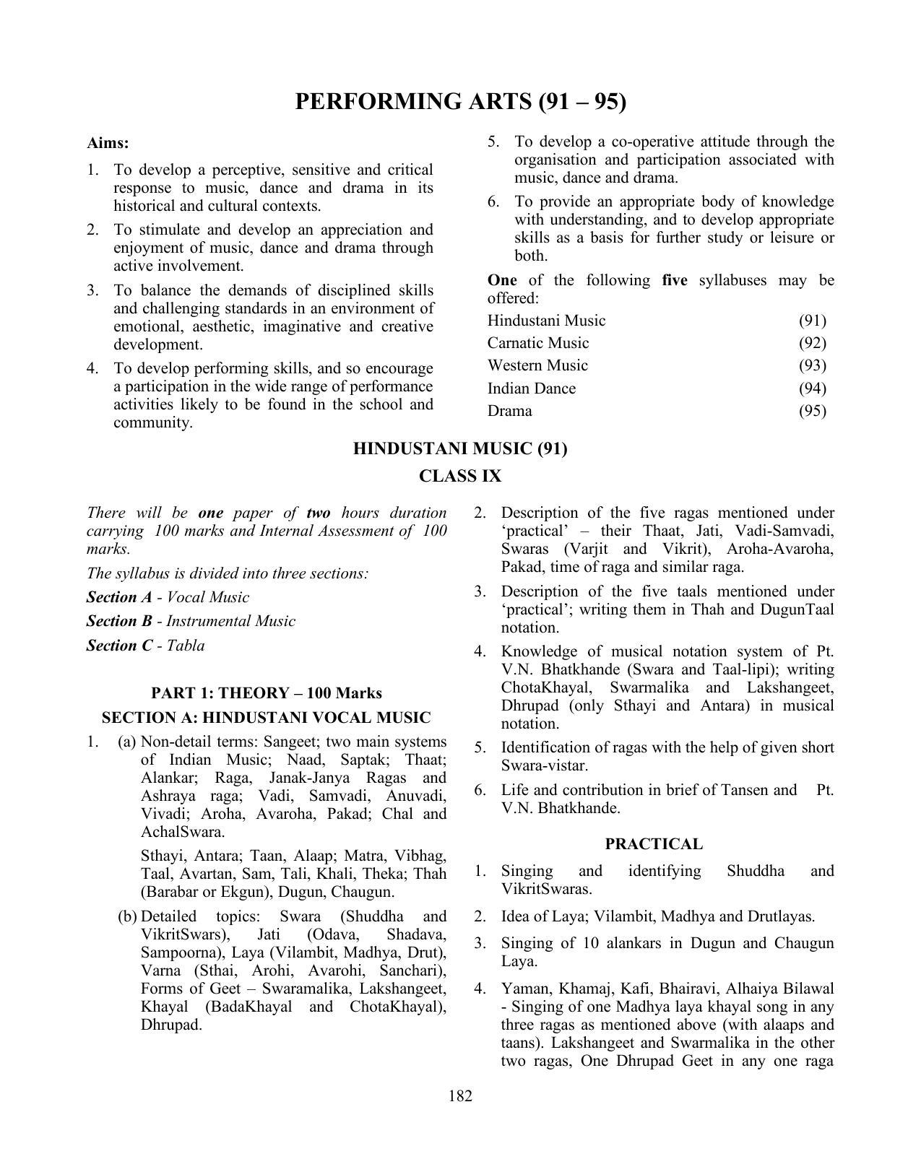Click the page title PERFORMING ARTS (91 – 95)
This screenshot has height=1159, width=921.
(460, 101)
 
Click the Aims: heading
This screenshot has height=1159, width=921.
(108, 143)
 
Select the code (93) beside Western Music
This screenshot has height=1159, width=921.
(812, 365)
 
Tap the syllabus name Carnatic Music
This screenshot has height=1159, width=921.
(537, 343)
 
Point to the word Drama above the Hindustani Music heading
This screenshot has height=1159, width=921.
(509, 411)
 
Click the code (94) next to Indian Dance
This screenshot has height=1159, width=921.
(812, 388)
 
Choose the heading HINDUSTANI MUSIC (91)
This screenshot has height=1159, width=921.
(460, 448)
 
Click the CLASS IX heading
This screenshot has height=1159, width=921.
(460, 477)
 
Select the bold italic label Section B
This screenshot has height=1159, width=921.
(119, 621)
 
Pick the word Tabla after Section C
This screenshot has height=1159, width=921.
(186, 646)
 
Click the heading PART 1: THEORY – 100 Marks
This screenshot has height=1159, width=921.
(266, 693)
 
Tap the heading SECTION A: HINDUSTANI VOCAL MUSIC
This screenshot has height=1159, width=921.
(266, 718)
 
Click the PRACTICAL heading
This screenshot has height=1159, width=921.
(653, 844)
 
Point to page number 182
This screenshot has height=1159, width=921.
(460, 1096)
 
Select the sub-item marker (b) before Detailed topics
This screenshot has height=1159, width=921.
(127, 916)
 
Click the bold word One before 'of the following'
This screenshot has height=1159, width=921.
(501, 280)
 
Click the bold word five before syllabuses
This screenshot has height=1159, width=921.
(674, 280)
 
